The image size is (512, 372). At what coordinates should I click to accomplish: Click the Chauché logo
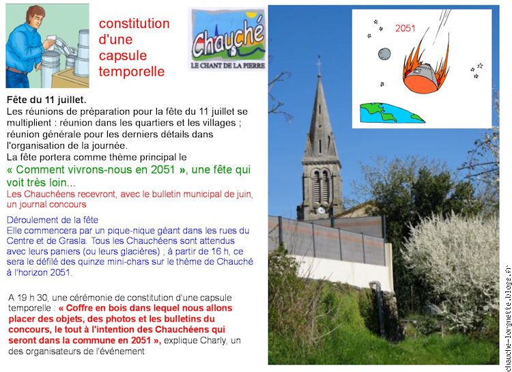point(227,39)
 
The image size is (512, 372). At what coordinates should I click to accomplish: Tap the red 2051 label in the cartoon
point(405,29)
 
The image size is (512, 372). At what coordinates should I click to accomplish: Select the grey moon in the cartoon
point(384,53)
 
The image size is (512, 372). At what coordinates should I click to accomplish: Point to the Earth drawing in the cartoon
point(391,113)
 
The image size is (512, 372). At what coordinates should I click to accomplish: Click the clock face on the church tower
point(321,210)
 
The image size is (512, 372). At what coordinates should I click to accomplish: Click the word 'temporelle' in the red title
point(132,72)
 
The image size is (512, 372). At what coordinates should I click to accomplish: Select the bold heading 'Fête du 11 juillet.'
point(46,100)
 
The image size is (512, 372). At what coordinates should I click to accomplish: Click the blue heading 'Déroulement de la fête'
point(53,220)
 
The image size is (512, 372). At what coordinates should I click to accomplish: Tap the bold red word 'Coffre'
point(79,308)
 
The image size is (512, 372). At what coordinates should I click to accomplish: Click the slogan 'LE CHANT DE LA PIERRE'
point(227,66)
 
